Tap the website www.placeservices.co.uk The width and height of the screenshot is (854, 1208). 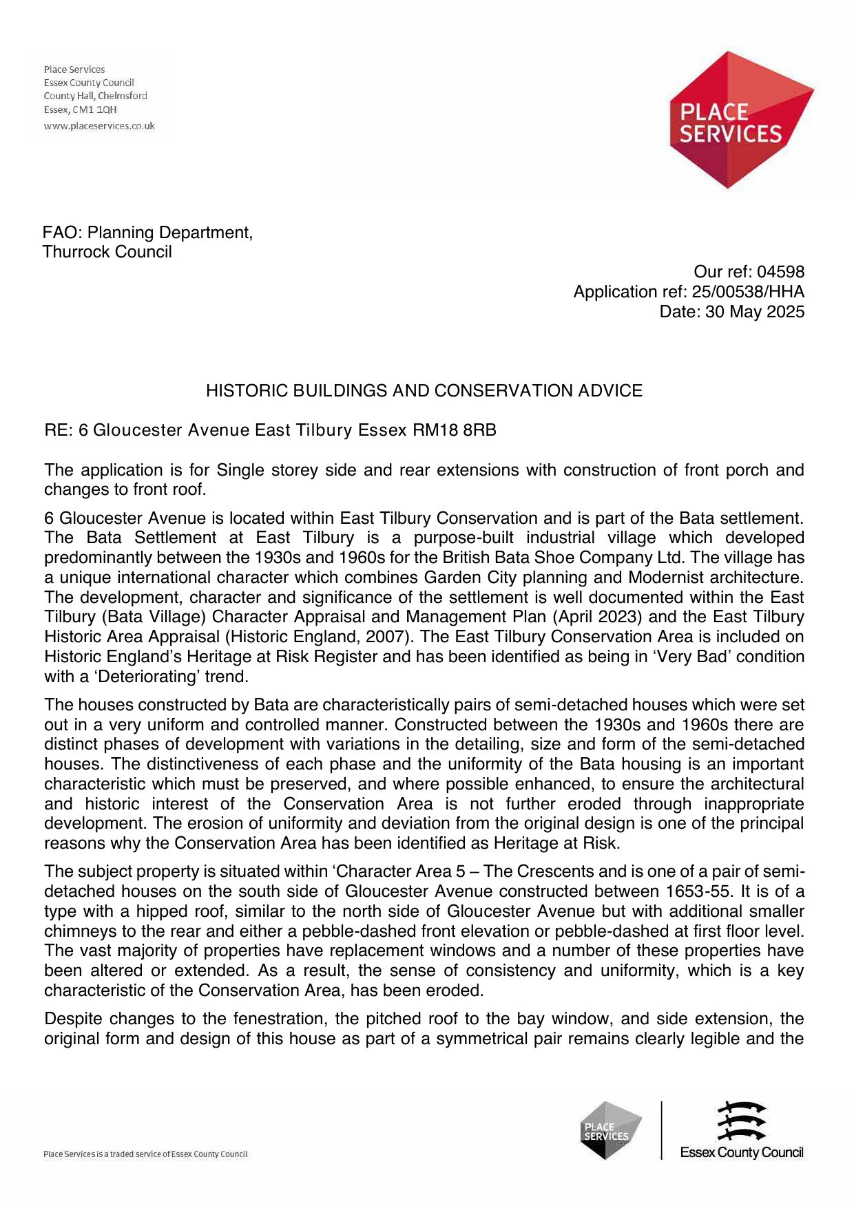point(99,126)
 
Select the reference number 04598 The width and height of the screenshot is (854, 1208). point(780,272)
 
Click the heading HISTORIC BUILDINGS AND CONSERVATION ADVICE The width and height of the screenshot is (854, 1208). point(424,391)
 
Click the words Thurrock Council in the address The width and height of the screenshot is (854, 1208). point(107,252)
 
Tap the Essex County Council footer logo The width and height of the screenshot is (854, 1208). point(742,1130)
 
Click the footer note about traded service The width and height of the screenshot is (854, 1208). point(145,1154)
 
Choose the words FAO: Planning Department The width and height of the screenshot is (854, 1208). point(147,233)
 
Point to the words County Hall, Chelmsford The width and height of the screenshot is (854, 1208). point(96,96)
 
